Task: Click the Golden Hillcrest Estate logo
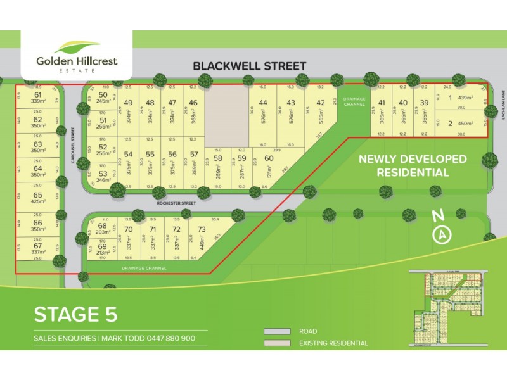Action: click(76, 56)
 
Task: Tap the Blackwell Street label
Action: click(249, 66)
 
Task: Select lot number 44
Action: click(263, 103)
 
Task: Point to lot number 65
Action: click(38, 196)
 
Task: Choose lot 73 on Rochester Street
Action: click(202, 229)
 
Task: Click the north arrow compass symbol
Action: click(442, 235)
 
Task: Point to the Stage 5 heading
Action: click(75, 314)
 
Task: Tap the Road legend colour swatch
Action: click(276, 331)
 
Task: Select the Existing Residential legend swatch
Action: click(276, 343)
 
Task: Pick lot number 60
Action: click(269, 158)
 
